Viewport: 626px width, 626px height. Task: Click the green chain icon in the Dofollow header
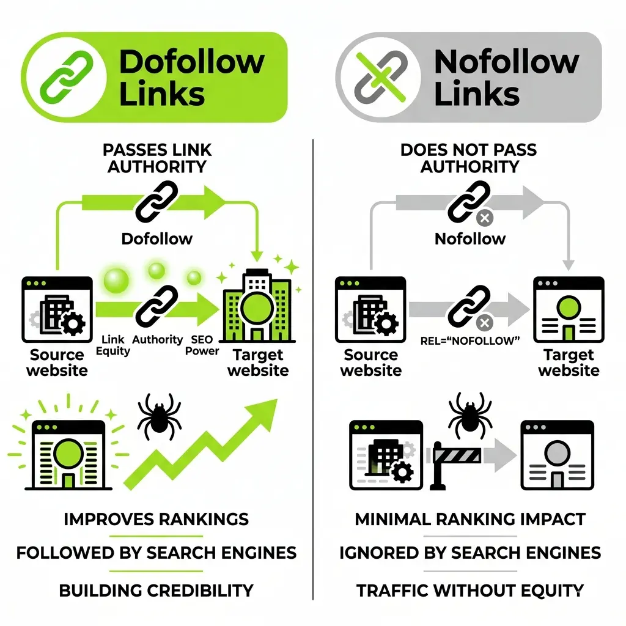click(x=67, y=76)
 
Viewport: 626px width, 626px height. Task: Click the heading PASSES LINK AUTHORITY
click(x=157, y=158)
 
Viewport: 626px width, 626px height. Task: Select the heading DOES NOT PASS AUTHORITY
click(x=469, y=158)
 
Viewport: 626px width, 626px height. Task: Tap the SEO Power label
click(x=202, y=345)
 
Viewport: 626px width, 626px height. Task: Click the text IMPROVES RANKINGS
click(x=156, y=520)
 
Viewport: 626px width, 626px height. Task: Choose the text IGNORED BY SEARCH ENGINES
click(x=470, y=553)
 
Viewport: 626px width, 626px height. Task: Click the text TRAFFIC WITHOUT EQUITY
click(x=470, y=591)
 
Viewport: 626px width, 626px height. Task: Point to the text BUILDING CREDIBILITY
click(x=156, y=591)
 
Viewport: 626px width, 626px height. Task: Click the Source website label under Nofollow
click(x=370, y=363)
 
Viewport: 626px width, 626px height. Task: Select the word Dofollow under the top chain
click(x=156, y=238)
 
